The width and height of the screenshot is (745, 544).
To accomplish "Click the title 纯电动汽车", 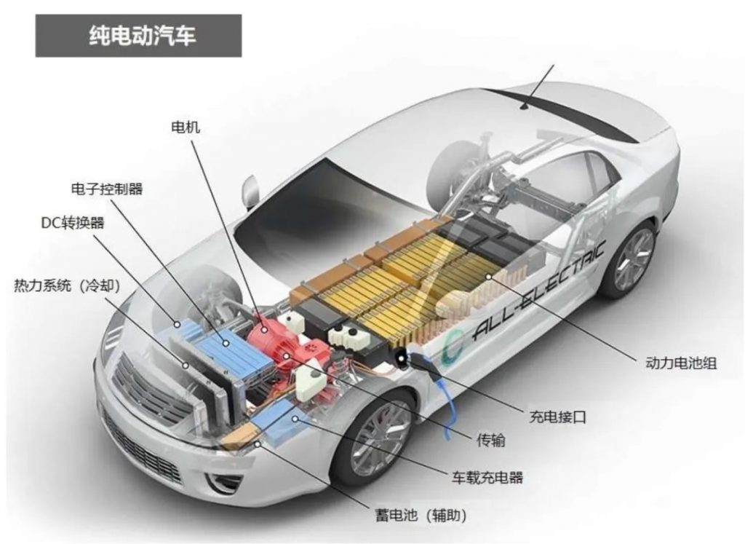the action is [x=142, y=36].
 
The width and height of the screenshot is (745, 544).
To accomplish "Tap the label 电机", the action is [x=186, y=127].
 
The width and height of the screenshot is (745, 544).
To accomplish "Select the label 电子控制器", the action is [x=107, y=189].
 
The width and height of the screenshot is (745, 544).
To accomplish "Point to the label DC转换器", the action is [x=73, y=223].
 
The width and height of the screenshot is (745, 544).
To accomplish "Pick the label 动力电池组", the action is [x=681, y=363].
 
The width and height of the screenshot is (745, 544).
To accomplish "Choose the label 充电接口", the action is [x=558, y=417].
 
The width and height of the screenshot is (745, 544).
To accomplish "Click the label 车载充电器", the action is [x=487, y=477].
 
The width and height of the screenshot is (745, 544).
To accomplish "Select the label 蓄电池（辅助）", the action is [x=421, y=515].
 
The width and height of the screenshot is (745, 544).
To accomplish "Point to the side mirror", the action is [x=250, y=192].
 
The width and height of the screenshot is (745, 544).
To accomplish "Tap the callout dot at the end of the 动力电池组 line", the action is [x=488, y=276].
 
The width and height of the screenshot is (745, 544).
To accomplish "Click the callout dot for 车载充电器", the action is [x=295, y=419].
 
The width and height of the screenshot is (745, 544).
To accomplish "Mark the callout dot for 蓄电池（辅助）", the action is [x=258, y=444].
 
